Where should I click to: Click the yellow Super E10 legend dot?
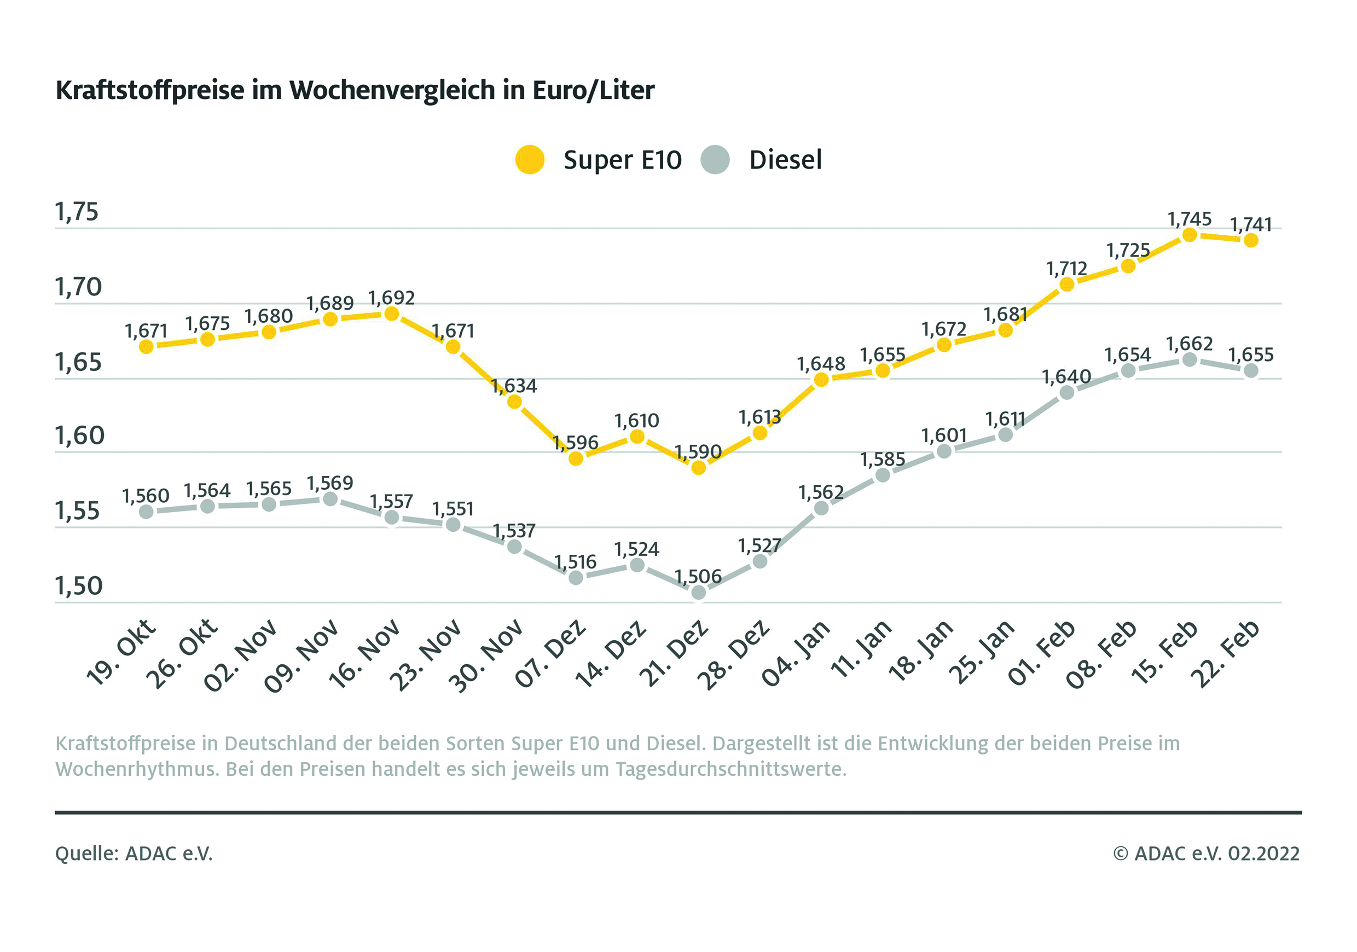(530, 160)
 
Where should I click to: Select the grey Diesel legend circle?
(715, 160)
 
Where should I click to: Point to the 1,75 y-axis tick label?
(77, 212)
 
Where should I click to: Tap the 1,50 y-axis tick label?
(79, 585)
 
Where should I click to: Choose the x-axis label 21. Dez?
(674, 653)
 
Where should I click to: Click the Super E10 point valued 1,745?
(1190, 235)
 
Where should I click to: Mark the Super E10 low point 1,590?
(699, 468)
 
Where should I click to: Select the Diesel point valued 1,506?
(699, 592)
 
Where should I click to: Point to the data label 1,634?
(514, 386)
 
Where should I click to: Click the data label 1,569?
(330, 483)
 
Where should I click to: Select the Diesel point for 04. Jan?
(821, 508)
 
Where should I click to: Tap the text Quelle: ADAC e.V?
(134, 854)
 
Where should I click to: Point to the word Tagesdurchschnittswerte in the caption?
(730, 769)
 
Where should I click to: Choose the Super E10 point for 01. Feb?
(1067, 285)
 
